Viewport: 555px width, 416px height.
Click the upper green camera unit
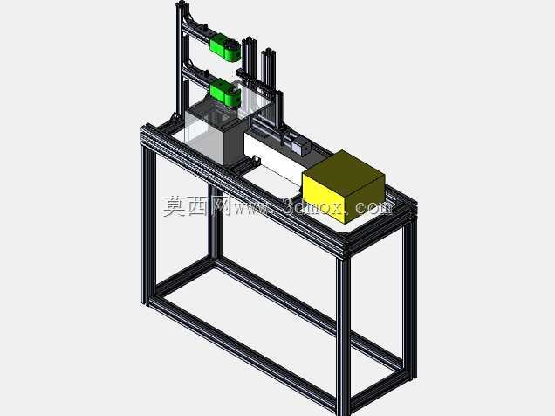[225, 47]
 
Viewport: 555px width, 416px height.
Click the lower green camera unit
[225, 92]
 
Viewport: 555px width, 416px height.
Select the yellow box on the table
[343, 186]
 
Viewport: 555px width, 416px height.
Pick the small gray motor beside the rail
[301, 146]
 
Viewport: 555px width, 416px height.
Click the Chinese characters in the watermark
[197, 206]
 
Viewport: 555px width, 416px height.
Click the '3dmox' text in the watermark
[313, 206]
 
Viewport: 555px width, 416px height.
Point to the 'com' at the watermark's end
[374, 208]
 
